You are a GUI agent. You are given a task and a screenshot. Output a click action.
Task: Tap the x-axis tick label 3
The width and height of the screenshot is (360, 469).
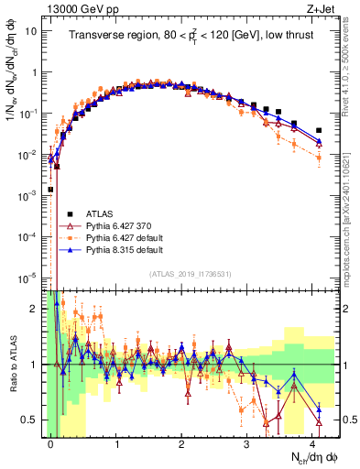(x=247, y=442)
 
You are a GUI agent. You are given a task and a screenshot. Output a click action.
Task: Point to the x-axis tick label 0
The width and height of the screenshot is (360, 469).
(x=51, y=442)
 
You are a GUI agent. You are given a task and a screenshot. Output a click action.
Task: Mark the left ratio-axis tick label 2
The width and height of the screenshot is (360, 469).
(x=37, y=309)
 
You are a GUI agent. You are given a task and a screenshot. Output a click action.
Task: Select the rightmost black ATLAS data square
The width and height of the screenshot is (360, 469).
(x=319, y=131)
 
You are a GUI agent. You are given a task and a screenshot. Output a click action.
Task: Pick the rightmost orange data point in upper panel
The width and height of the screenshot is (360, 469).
(x=319, y=158)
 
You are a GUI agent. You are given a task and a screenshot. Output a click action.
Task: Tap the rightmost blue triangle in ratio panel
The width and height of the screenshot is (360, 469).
(x=319, y=409)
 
